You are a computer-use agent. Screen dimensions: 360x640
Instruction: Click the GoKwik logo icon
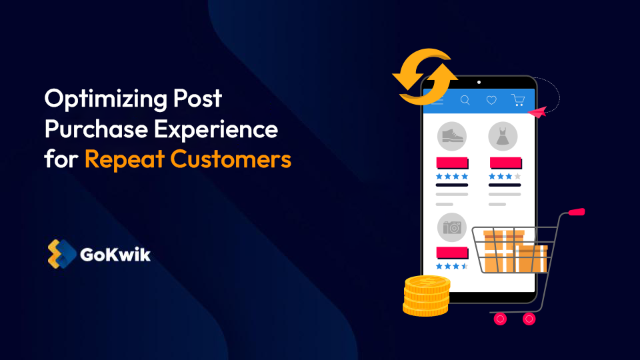click(60, 253)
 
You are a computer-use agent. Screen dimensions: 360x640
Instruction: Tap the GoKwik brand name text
click(115, 254)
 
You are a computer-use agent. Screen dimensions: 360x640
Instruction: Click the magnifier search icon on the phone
click(465, 100)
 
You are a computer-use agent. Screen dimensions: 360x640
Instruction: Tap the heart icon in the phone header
click(491, 100)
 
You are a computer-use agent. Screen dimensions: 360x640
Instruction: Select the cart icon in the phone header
click(518, 100)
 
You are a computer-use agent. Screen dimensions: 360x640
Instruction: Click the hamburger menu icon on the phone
click(437, 101)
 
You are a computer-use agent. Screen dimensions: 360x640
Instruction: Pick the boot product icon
click(451, 136)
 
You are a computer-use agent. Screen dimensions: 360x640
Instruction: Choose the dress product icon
click(503, 136)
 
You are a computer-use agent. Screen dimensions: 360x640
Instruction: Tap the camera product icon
click(451, 227)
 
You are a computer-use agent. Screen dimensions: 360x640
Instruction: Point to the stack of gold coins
click(426, 295)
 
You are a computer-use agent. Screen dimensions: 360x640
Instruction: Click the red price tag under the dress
click(505, 163)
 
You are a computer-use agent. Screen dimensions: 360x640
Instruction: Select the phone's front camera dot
click(479, 83)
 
